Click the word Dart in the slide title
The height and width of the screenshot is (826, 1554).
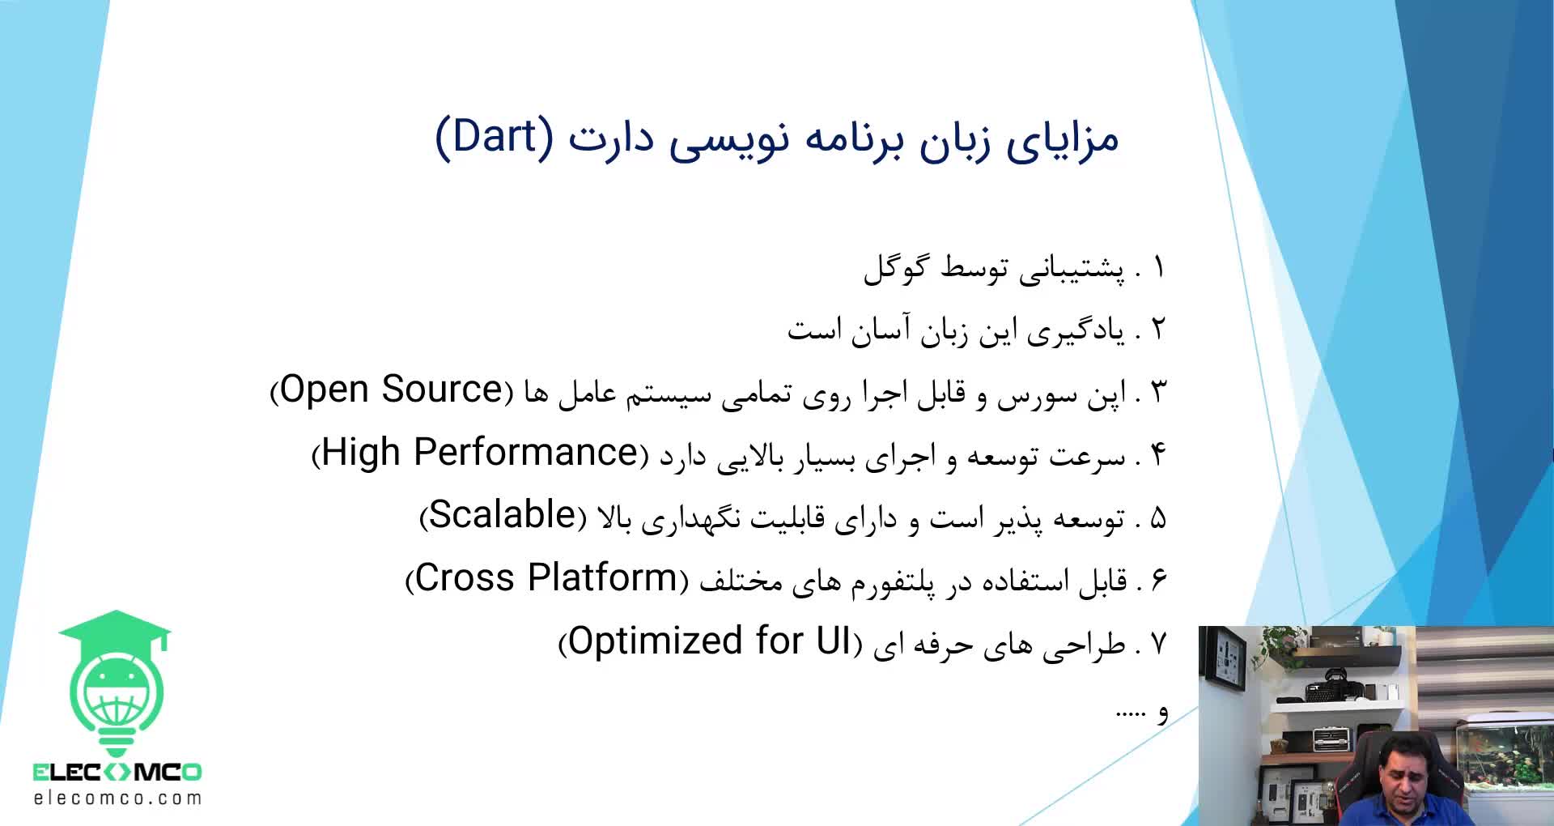coord(494,136)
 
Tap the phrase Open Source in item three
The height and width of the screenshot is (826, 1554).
coord(392,390)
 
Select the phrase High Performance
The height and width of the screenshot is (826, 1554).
coord(480,453)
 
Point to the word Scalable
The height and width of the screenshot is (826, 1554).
coord(502,515)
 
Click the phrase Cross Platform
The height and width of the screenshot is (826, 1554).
coord(546,578)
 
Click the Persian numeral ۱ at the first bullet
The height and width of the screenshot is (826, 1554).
coord(1159,268)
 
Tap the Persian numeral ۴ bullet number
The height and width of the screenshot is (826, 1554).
coord(1158,455)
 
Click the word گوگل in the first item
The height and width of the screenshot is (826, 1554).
coord(896,266)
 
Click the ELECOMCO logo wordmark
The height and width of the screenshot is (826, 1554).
coord(117,772)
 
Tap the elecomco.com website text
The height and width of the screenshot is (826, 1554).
coord(117,798)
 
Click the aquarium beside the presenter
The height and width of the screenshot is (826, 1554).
coord(1506,753)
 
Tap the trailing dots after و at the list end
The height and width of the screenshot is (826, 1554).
coord(1130,714)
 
